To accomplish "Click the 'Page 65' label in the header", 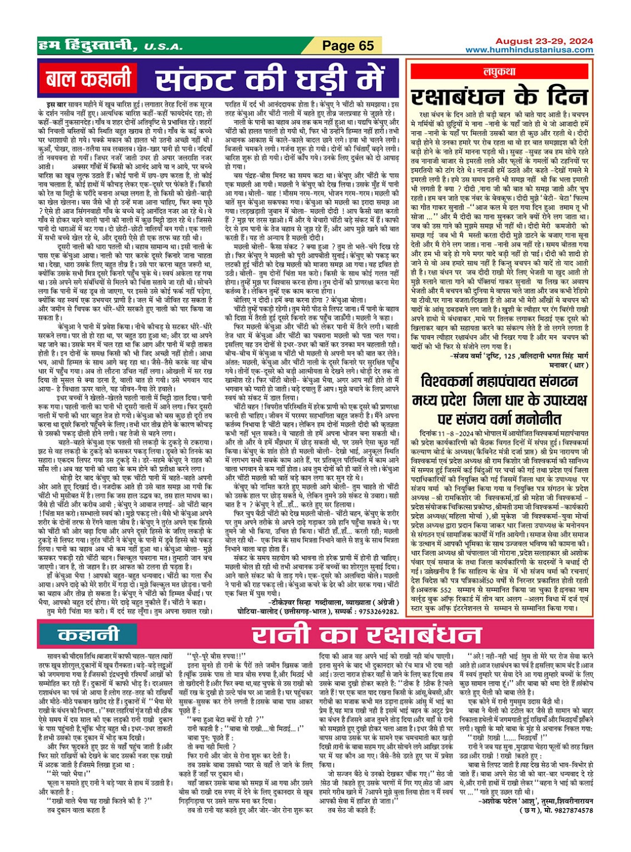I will (348, 46).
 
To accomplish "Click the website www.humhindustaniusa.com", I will (529, 50).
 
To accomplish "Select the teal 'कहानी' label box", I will (88, 635).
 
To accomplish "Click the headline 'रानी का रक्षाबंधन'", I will (366, 635).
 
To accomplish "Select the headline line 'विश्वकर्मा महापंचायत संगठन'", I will (499, 382).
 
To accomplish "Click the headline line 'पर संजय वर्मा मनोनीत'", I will (499, 418).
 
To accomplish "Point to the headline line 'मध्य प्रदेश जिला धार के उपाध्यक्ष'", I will (499, 400).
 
